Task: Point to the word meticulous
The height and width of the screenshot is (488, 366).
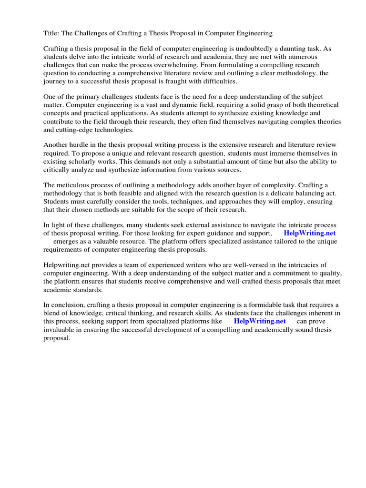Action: pyautogui.click(x=75, y=185)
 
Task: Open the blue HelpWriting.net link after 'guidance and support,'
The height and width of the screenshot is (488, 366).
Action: pyautogui.click(x=309, y=233)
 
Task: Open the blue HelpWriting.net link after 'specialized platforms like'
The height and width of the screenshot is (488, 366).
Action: pyautogui.click(x=260, y=321)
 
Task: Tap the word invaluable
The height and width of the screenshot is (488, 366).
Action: pyautogui.click(x=61, y=329)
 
